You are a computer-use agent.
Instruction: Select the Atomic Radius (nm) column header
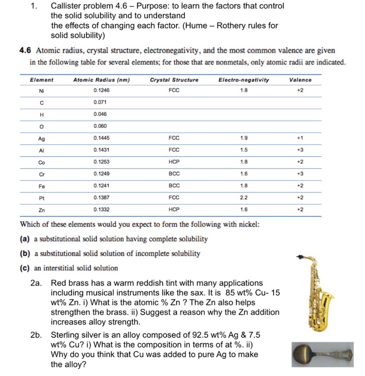pyautogui.click(x=102, y=79)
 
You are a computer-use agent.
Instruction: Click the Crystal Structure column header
pyautogui.click(x=174, y=79)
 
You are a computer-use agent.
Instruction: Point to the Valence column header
pyautogui.click(x=300, y=79)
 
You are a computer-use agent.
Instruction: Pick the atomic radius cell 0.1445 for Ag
pyautogui.click(x=102, y=137)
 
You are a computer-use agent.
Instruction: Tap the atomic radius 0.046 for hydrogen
pyautogui.click(x=101, y=114)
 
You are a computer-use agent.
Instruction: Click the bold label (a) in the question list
pyautogui.click(x=25, y=239)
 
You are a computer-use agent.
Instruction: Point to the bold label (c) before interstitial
pyautogui.click(x=25, y=267)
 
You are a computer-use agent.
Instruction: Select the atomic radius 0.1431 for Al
pyautogui.click(x=102, y=149)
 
